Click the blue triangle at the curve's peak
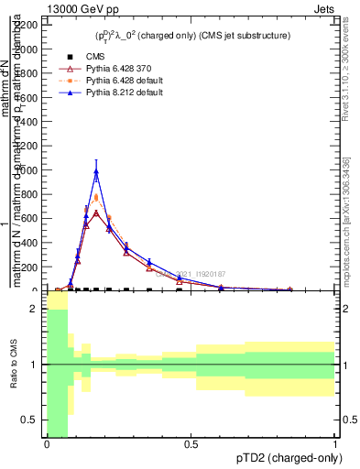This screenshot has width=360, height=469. [96, 171]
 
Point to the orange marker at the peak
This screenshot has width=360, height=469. [96, 198]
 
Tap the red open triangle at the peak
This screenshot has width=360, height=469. [96, 213]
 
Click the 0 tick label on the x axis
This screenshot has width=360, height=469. [47, 445]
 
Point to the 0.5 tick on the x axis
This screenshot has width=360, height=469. [191, 445]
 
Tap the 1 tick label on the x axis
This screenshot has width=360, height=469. [336, 445]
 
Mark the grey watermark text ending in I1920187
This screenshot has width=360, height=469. [190, 274]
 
